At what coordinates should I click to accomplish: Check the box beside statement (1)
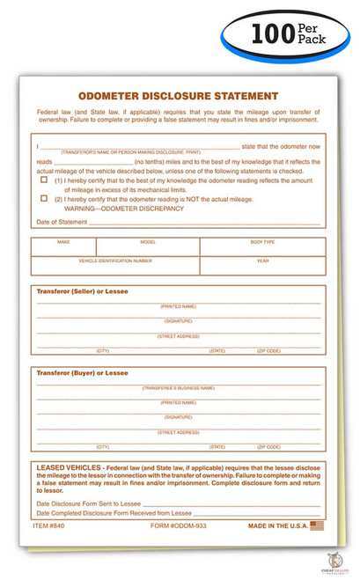[44, 180]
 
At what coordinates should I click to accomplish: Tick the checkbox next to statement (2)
[44, 199]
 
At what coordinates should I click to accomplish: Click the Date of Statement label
[62, 223]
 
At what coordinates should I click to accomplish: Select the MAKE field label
[63, 241]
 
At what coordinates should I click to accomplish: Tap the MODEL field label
[148, 241]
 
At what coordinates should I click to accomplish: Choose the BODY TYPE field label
[262, 241]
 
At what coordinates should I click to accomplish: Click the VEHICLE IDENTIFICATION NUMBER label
[115, 261]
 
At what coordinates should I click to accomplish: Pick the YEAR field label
[262, 261]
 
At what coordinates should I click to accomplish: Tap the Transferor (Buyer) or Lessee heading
[82, 373]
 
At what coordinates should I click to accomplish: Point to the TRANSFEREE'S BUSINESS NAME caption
[178, 388]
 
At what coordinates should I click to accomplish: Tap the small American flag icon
[318, 525]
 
